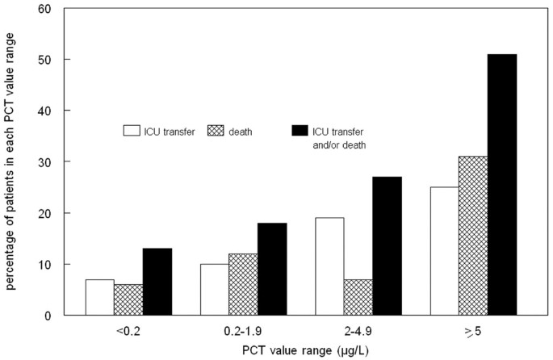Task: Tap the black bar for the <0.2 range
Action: click(157, 283)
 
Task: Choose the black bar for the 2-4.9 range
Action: click(387, 246)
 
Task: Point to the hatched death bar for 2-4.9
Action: click(358, 298)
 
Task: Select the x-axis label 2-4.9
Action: click(358, 331)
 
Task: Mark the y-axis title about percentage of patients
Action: click(11, 161)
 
